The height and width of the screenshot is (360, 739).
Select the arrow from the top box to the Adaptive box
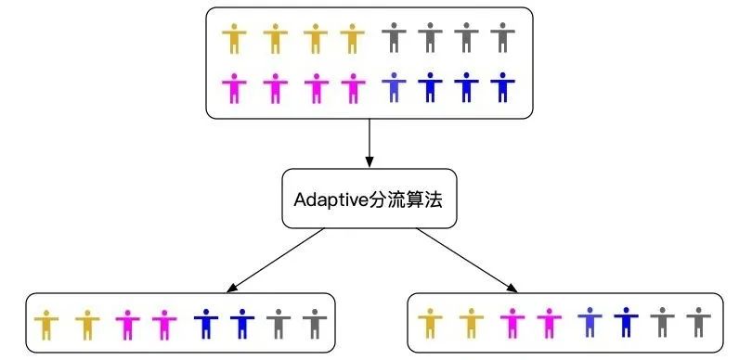[x=369, y=143]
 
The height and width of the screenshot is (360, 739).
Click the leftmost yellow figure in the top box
[x=234, y=40]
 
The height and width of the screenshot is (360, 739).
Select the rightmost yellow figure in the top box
[x=352, y=40]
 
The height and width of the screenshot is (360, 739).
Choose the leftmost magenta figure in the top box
[x=234, y=88]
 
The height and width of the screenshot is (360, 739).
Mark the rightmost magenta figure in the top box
[x=352, y=88]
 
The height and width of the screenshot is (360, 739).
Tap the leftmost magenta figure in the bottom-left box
[x=125, y=325]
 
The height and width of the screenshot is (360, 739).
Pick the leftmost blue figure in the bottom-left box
[x=204, y=325]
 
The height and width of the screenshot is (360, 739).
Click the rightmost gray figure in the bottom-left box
[x=315, y=325]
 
